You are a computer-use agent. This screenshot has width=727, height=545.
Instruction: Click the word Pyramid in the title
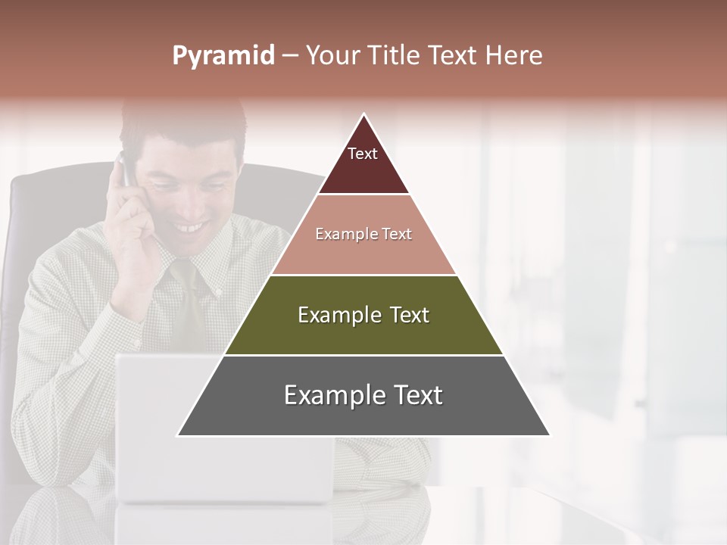[x=223, y=56]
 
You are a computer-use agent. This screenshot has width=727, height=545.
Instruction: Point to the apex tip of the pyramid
[x=363, y=115]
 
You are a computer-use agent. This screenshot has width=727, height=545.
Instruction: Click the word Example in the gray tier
[x=327, y=395]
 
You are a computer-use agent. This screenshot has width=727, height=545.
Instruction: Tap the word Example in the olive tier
[x=332, y=315]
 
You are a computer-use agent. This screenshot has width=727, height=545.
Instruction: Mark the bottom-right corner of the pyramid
[x=549, y=435]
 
